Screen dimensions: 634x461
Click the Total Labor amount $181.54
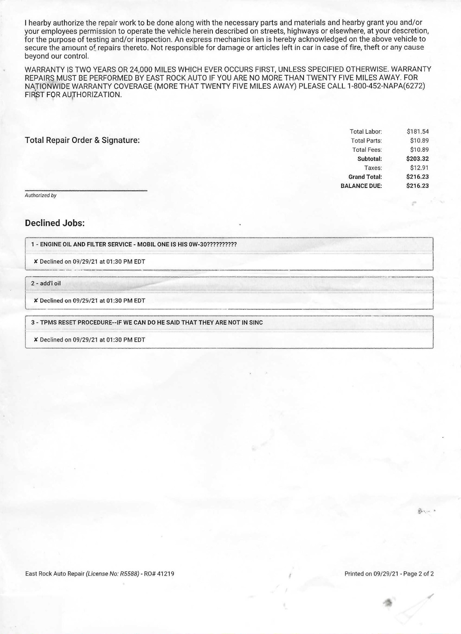[x=418, y=132]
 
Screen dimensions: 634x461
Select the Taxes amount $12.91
[x=419, y=168]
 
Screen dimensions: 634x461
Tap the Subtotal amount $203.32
[x=417, y=159]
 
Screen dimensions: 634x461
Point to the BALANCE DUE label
[x=361, y=186]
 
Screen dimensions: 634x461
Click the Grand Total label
[x=365, y=177]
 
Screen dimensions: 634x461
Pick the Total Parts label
[x=366, y=141]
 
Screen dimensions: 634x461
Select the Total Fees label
[x=367, y=150]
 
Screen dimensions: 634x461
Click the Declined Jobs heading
[x=55, y=223]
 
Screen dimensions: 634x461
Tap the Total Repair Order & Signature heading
[x=82, y=140]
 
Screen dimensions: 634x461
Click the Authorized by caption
[x=41, y=196]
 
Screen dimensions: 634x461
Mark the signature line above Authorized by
[x=86, y=190]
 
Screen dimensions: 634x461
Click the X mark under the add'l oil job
[x=36, y=300]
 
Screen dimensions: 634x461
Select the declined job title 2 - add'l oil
[x=46, y=284]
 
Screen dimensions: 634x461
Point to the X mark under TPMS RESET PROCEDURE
[x=36, y=340]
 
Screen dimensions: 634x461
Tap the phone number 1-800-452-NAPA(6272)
[x=386, y=86]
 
